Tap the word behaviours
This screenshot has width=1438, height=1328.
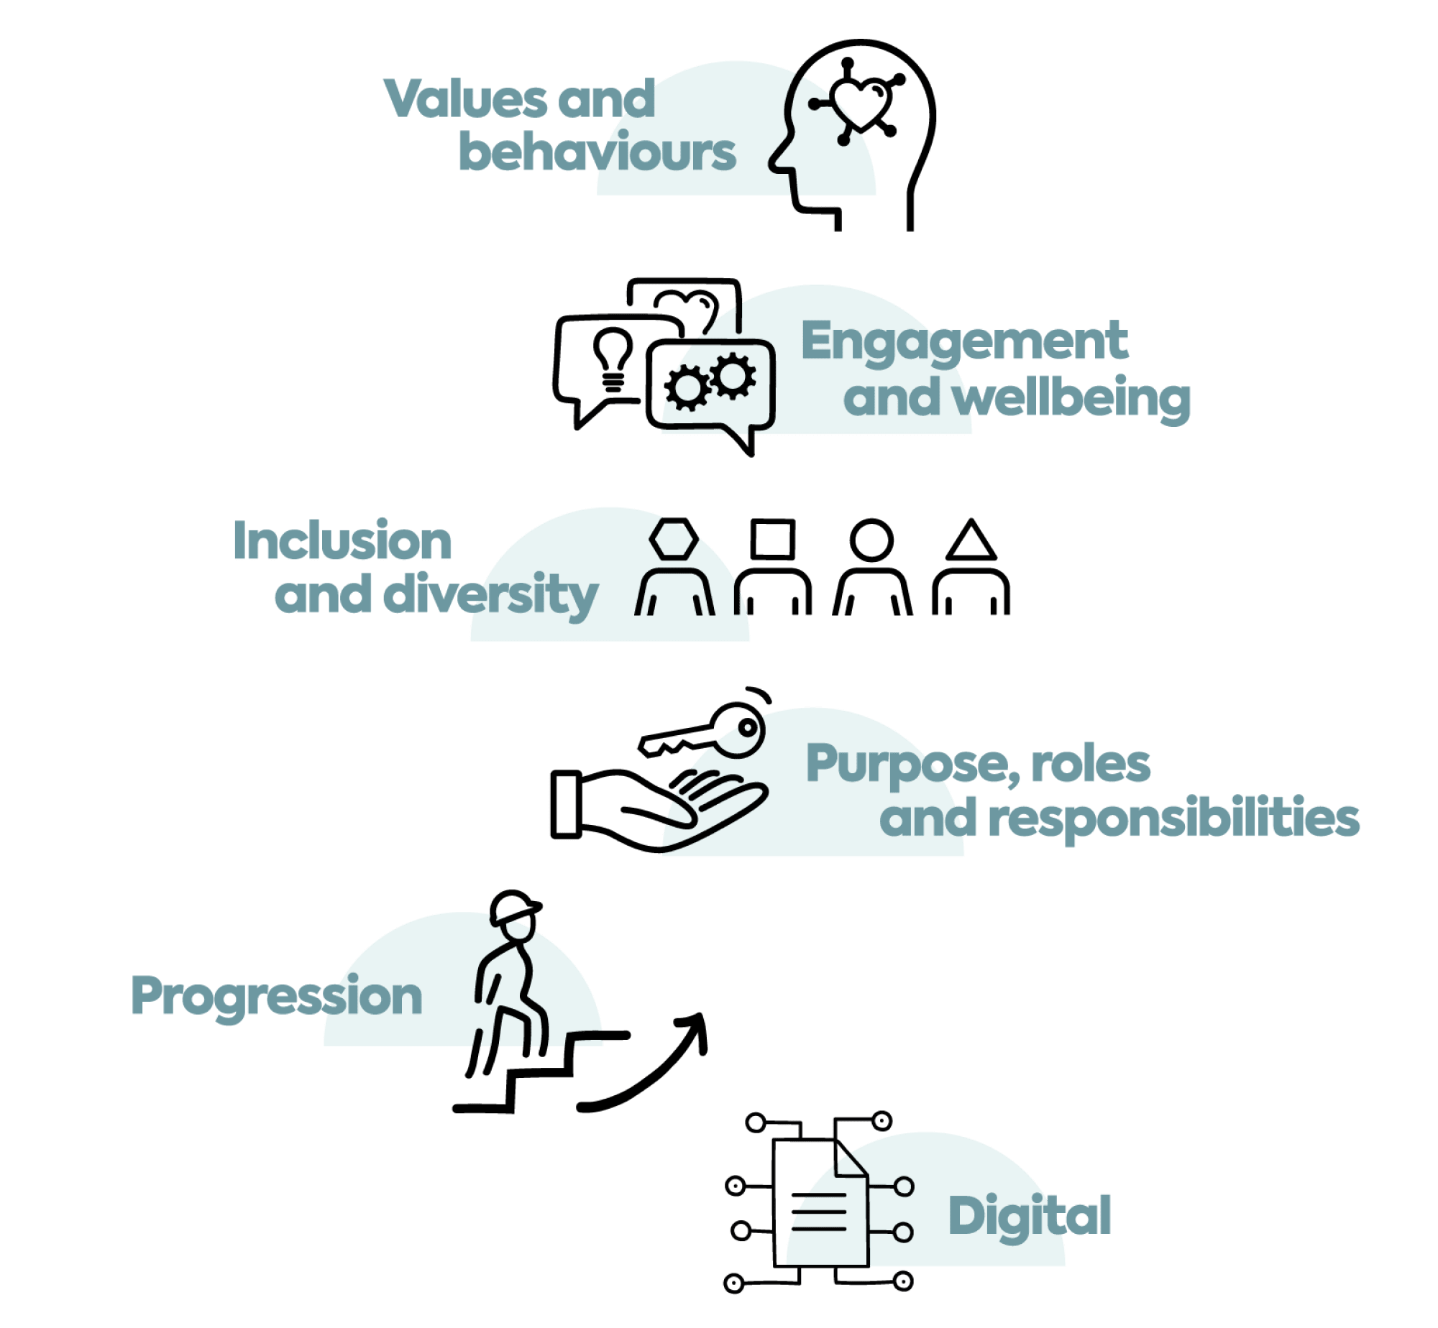coord(597,152)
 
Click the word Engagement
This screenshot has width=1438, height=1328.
coord(964,342)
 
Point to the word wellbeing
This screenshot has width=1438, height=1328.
coord(1071,398)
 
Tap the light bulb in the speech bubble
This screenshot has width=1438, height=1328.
coord(613,357)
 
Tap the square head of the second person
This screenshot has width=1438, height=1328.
coord(772,539)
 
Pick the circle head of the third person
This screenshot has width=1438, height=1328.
coord(871,540)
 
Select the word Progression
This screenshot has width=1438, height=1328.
coord(276,997)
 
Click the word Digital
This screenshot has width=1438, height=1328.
coord(1030,1217)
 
